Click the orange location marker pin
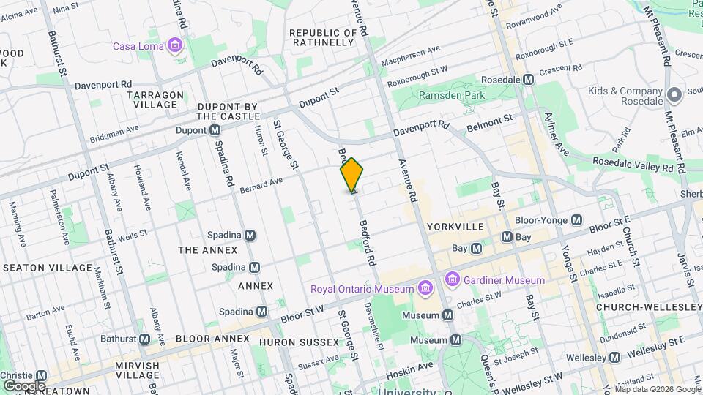click(x=352, y=175)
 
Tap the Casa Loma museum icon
click(x=174, y=47)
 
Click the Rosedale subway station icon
click(x=527, y=79)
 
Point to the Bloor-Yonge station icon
click(x=576, y=219)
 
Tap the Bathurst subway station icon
click(x=144, y=339)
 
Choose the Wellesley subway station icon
click(x=615, y=358)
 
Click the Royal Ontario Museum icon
click(x=423, y=288)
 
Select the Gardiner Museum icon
click(x=452, y=280)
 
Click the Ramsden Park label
click(x=452, y=95)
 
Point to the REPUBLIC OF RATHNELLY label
click(x=322, y=37)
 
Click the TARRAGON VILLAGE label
click(x=155, y=99)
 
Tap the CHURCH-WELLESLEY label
click(x=648, y=306)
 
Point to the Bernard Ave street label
click(x=261, y=186)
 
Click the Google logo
click(x=24, y=385)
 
